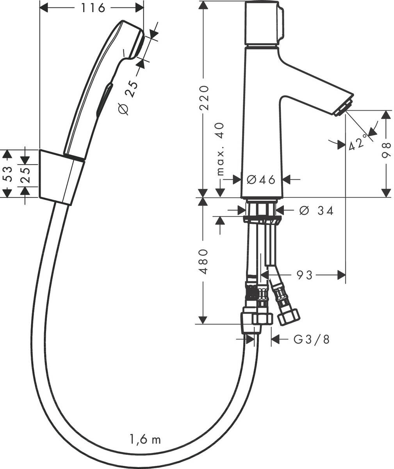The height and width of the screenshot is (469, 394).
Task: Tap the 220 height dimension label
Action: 204,97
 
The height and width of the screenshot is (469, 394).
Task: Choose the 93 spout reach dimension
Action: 304,275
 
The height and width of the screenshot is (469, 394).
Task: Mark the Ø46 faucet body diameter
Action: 261,179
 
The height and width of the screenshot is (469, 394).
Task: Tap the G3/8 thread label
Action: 312,339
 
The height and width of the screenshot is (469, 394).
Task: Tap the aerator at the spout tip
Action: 344,107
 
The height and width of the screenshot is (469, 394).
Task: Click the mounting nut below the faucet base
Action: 262,220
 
